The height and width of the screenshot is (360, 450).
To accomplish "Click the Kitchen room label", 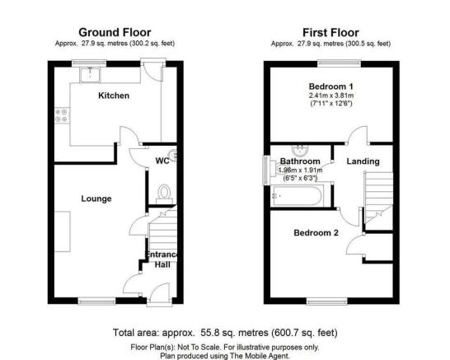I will coord(114,96).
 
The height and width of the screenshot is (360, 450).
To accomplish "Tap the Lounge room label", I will coord(96,199).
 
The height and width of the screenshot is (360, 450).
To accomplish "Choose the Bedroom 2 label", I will coord(316,233).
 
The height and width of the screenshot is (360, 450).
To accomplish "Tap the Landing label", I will coord(363,161).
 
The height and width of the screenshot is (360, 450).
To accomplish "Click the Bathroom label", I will coord(299,161).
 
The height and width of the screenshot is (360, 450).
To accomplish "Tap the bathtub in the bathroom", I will coord(299,196).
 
